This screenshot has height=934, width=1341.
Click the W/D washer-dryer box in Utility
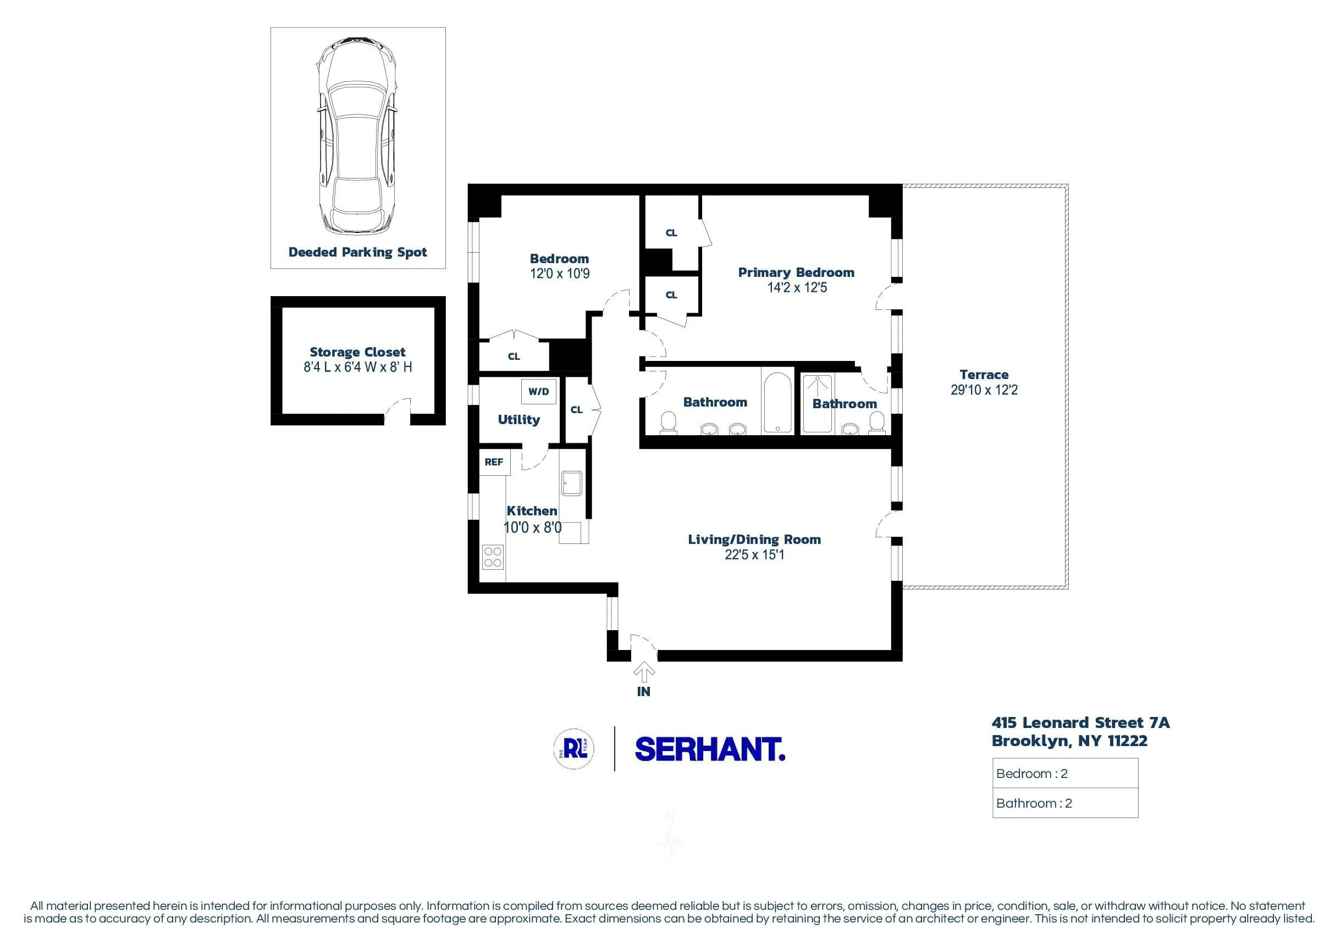click(x=538, y=392)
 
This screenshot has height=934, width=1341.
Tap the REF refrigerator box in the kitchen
click(x=494, y=462)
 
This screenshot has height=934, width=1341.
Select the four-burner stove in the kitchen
click(x=493, y=557)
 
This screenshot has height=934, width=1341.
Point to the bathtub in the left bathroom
click(x=777, y=403)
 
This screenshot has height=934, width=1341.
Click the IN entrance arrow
click(x=644, y=673)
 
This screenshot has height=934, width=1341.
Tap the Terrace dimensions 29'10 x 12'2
click(x=984, y=390)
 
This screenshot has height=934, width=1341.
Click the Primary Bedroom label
click(x=796, y=272)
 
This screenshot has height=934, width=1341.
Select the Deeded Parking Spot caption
click(x=357, y=252)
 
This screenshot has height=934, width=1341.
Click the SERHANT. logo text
click(x=710, y=749)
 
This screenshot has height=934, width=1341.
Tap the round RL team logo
click(x=574, y=748)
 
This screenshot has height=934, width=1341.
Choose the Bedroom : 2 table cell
click(x=1065, y=774)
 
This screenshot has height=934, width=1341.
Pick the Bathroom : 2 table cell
click(x=1065, y=803)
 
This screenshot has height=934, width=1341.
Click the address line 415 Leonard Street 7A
click(x=1080, y=722)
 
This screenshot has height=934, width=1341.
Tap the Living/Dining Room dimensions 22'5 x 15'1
click(x=754, y=554)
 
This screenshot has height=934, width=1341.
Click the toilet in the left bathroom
click(x=667, y=423)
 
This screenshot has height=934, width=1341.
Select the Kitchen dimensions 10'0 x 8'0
click(x=533, y=527)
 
